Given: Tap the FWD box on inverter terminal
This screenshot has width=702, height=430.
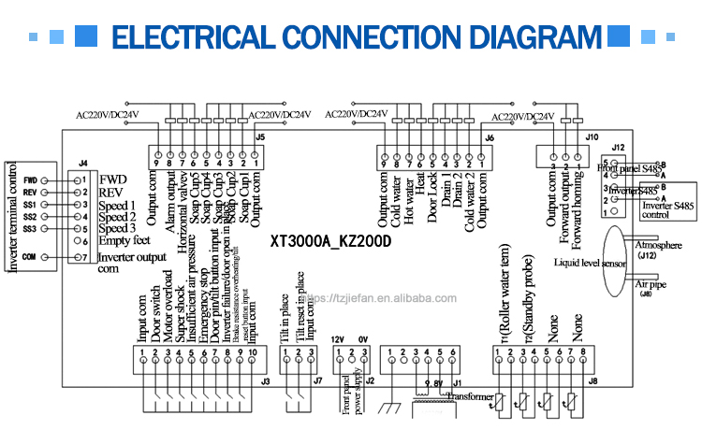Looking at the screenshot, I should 29,179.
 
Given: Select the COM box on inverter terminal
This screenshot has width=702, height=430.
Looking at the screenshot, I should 29,257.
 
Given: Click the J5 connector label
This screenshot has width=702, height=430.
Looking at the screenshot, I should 259,137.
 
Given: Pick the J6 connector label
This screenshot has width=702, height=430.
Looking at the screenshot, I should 489,137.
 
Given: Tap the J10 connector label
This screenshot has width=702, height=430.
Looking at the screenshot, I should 592,137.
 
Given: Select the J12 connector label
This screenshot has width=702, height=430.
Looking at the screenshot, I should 618,148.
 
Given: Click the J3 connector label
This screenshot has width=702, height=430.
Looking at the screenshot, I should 264,381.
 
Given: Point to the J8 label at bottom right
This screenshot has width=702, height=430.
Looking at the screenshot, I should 592,381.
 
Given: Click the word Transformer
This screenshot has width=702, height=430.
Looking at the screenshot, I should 469,397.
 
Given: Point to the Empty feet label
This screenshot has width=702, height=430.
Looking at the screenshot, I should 125,240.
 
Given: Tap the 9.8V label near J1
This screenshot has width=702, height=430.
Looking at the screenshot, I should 434,383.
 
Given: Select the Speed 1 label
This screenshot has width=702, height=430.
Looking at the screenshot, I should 117,205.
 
